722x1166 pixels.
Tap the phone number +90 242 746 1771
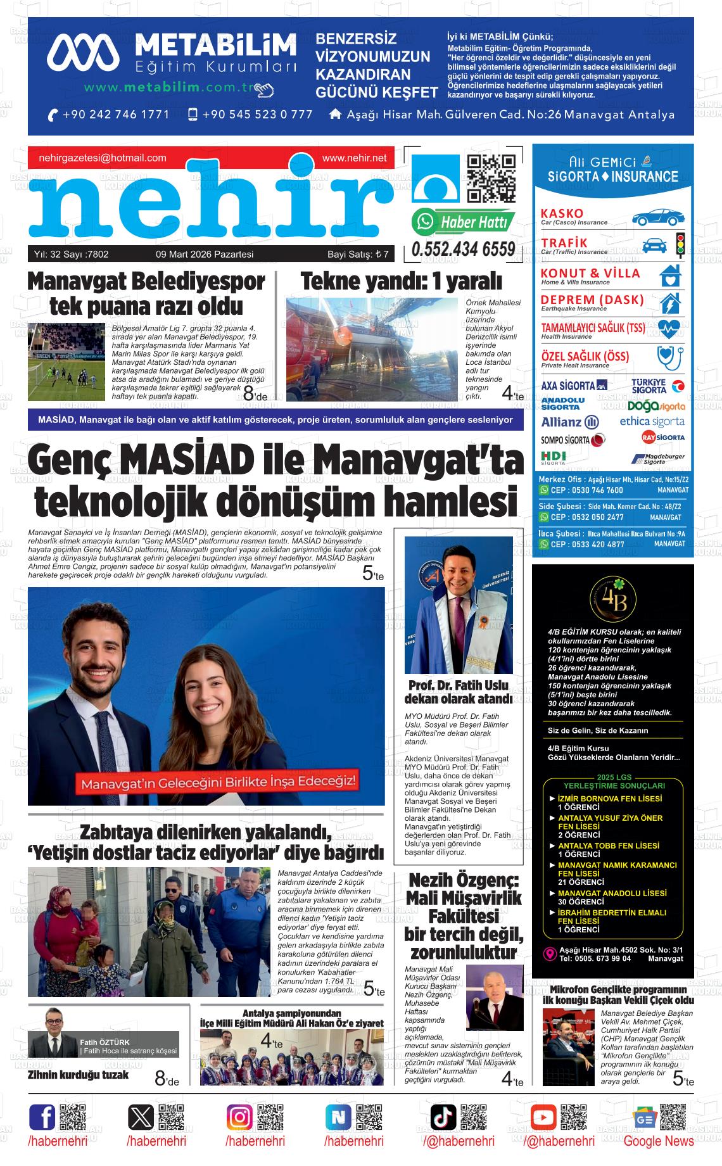tap(116, 115)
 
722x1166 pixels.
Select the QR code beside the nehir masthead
tap(491, 179)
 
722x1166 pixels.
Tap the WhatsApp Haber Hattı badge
tap(463, 222)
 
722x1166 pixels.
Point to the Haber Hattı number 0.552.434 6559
tap(463, 250)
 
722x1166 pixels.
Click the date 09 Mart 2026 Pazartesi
tap(205, 255)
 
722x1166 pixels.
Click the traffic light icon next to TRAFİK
tap(681, 245)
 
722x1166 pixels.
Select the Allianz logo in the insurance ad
tap(569, 422)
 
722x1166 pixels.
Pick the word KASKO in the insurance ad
tap(562, 213)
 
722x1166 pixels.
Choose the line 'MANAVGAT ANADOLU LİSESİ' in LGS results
tap(612, 893)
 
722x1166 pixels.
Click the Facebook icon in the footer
tap(42, 1117)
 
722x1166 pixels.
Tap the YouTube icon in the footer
tap(543, 1117)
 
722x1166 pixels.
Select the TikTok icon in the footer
tap(443, 1117)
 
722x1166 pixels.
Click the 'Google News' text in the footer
tap(658, 1141)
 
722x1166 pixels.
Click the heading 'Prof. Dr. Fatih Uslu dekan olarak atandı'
tap(458, 692)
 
